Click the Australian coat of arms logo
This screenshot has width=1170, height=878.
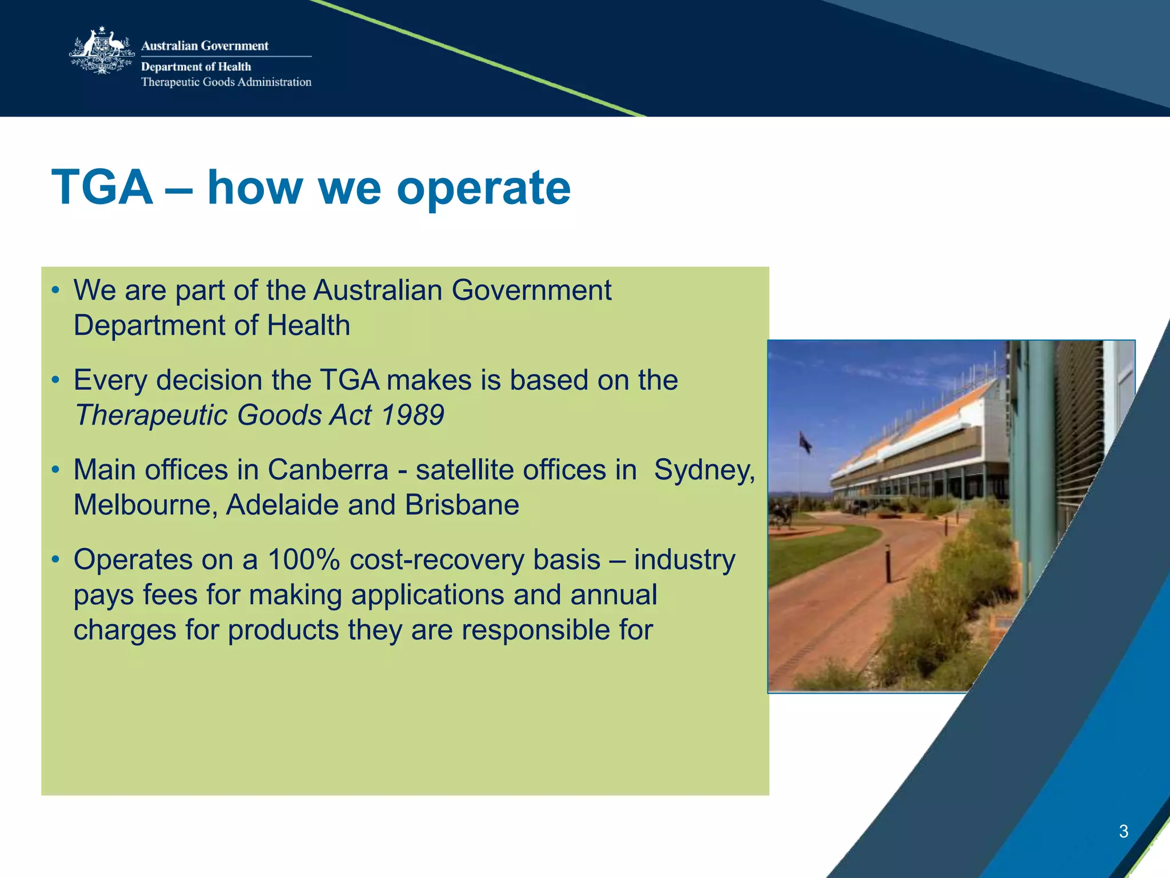coord(102,51)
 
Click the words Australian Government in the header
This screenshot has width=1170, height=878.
coord(205,46)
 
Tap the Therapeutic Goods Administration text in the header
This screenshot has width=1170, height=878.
coord(226,82)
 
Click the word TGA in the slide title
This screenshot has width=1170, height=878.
coord(102,187)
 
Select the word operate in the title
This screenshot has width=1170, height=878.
coord(483,189)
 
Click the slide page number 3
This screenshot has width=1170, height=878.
coord(1123,831)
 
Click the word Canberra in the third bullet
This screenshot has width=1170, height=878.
coord(328,470)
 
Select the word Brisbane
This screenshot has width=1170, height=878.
coord(462,505)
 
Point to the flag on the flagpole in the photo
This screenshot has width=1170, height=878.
coord(806,443)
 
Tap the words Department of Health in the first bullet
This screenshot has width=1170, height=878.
coord(211,326)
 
